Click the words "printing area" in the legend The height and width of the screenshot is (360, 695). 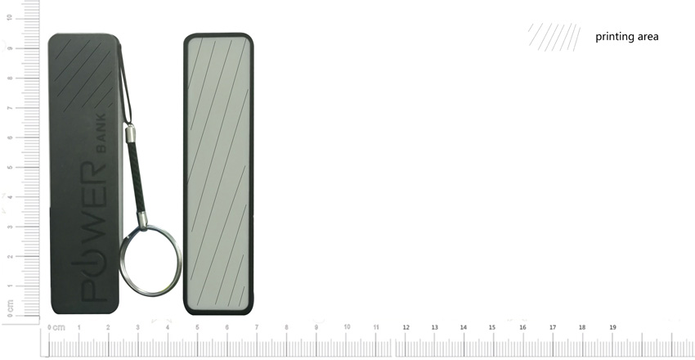626,37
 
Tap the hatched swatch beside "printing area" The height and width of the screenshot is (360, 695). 554,37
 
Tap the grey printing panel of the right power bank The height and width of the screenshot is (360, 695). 217,172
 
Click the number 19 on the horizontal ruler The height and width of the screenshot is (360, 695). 612,327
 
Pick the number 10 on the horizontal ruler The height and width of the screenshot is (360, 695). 347,327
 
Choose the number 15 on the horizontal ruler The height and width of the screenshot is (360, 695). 492,327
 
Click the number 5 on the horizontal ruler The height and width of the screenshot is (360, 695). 197,327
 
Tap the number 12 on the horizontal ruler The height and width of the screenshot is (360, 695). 406,327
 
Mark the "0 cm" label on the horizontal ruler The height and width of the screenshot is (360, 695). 56,327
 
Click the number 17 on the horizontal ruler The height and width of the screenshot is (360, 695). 553,327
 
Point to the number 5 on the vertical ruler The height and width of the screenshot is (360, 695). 10,167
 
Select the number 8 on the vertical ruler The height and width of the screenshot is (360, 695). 10,78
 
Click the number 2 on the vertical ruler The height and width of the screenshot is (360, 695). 10,256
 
